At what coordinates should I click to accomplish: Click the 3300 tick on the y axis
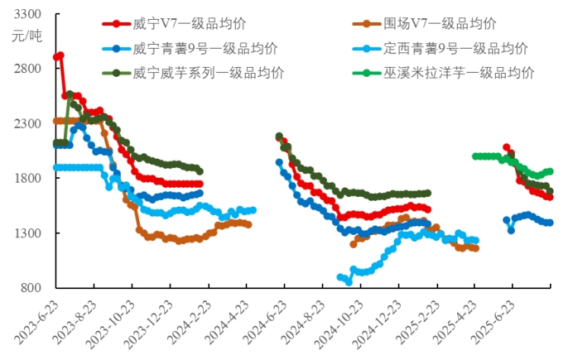click(27, 14)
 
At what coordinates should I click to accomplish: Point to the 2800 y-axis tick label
click(27, 68)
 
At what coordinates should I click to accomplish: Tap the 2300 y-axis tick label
click(27, 123)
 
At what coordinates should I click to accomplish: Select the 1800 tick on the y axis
click(27, 178)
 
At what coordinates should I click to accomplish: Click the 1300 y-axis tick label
click(27, 233)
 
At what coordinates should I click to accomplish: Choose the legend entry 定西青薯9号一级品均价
click(456, 48)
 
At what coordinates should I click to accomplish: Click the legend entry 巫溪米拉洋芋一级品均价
click(456, 72)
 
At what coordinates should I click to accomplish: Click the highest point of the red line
click(60, 55)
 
